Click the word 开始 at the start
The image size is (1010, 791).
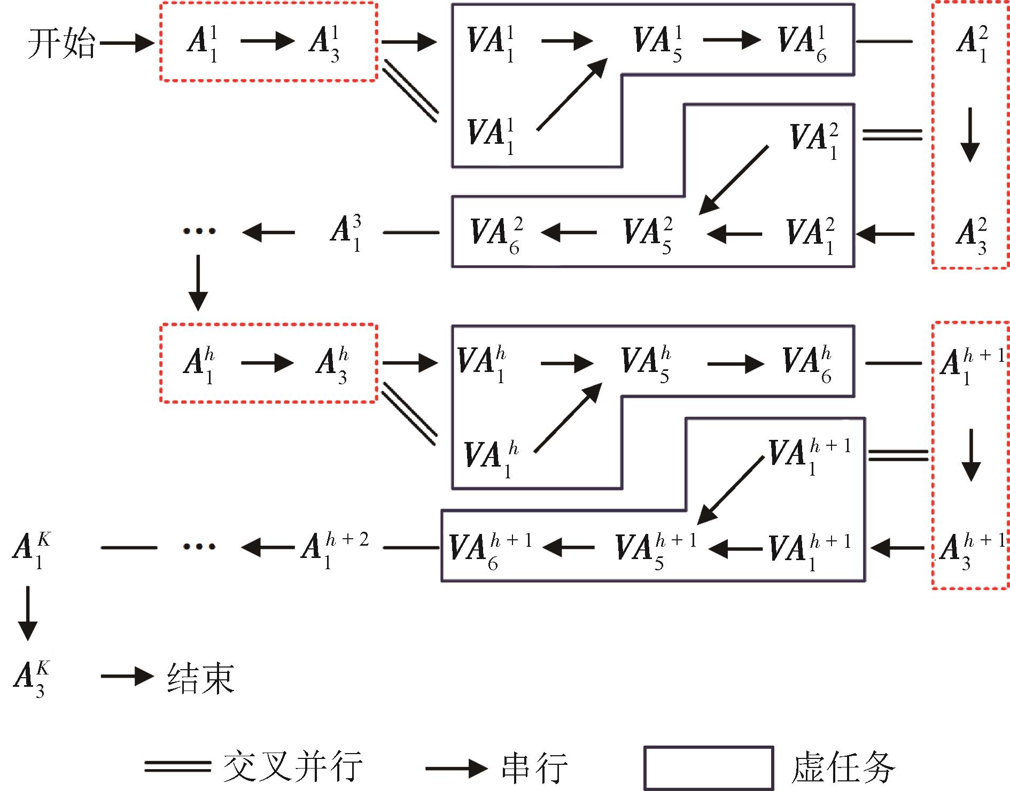pos(61,43)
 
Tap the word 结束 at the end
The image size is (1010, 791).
pos(201,678)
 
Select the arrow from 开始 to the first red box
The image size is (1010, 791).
pos(127,43)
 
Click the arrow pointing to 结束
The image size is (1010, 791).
pos(127,677)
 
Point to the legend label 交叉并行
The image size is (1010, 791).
pos(293,766)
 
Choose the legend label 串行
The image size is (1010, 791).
pos(534,767)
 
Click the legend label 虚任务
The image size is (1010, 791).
pos(843,767)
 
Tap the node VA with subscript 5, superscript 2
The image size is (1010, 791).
pos(648,235)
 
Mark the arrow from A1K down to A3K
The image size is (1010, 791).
pos(28,614)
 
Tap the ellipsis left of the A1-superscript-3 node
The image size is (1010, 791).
pos(199,231)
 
